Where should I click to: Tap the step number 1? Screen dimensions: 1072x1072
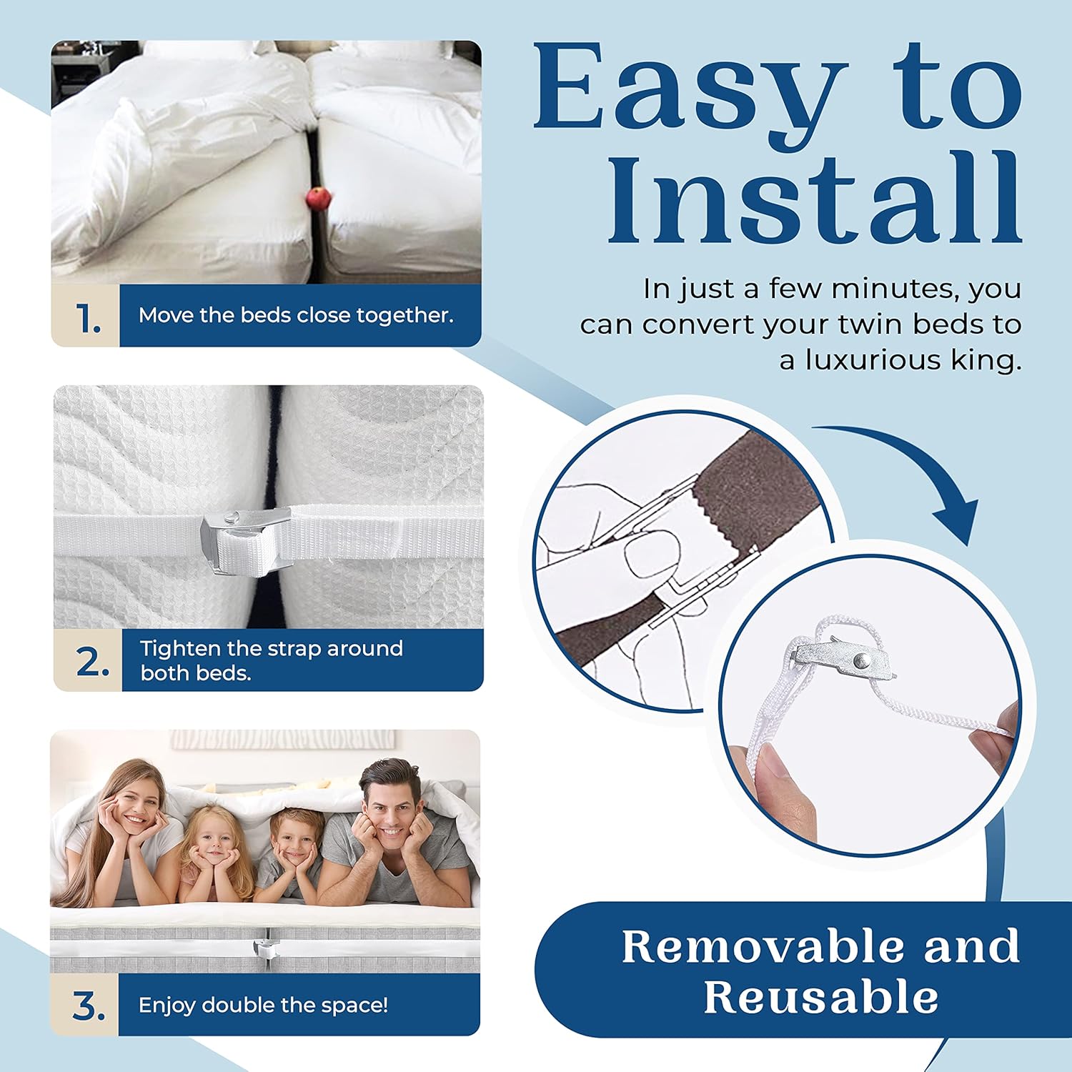[88, 318]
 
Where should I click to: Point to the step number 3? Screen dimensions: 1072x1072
[89, 1006]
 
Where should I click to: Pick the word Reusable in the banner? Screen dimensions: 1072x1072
[820, 996]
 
